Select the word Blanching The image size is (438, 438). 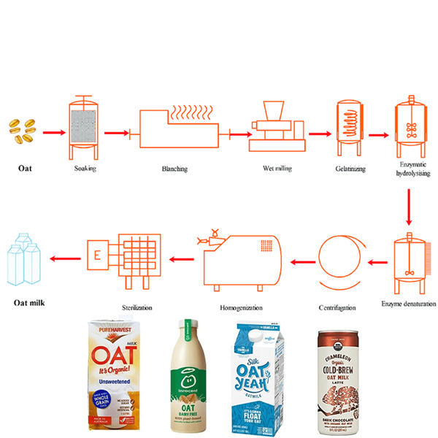175,169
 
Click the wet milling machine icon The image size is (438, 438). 277,130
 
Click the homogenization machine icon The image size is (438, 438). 240,257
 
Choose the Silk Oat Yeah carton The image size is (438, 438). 264,380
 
